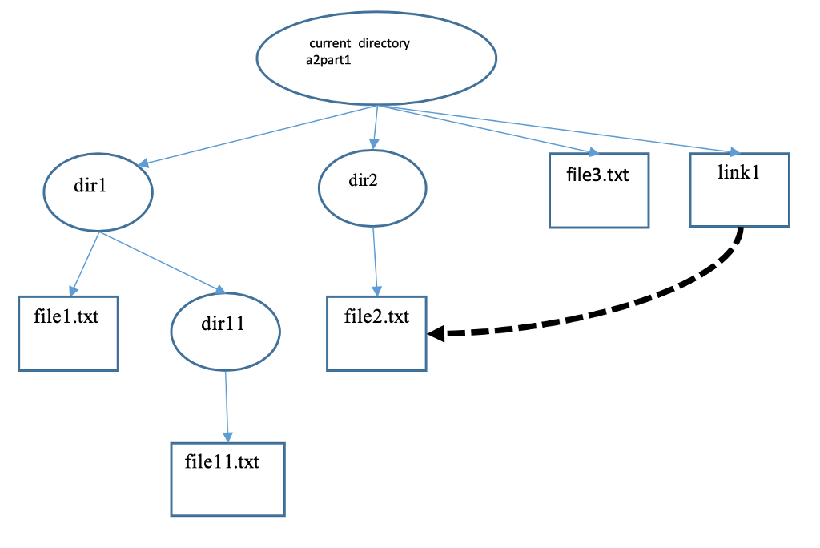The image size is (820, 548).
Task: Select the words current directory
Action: [359, 43]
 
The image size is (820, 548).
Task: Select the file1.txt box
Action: [68, 333]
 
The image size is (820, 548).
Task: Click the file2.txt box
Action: [376, 333]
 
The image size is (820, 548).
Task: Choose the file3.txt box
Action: [598, 191]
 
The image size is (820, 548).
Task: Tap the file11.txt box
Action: [227, 478]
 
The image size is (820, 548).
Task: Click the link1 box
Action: [739, 189]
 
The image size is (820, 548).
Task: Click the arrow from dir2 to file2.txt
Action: [376, 260]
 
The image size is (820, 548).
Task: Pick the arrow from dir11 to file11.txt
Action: [227, 405]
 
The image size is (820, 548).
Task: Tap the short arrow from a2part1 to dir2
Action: [375, 127]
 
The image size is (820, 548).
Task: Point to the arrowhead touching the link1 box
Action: [734, 151]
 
